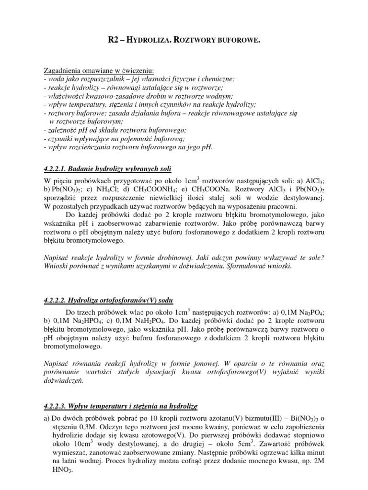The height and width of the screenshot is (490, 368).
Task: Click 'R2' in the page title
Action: [x=114, y=42]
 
